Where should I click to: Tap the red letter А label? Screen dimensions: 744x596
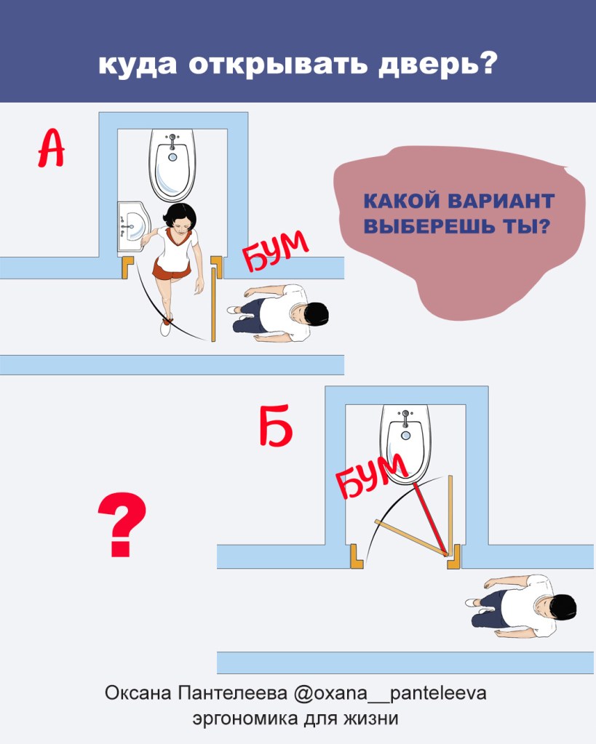(51, 148)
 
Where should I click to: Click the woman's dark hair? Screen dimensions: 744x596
(178, 217)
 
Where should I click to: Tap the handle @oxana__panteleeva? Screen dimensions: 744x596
(390, 693)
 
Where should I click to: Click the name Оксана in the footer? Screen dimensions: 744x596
(138, 693)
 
